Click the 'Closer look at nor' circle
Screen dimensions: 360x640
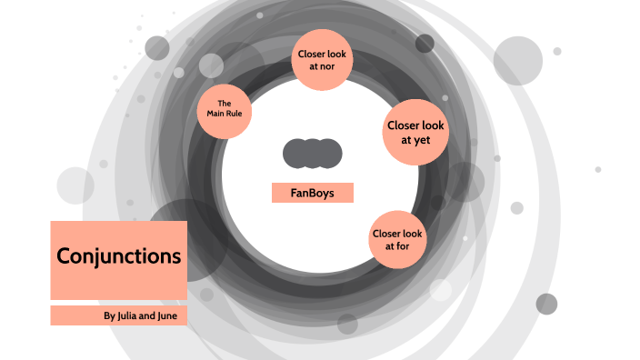click(x=322, y=60)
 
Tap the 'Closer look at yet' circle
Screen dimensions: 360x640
click(x=415, y=132)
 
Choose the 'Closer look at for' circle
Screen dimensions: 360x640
click(x=397, y=240)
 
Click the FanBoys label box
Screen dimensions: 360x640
click(x=312, y=193)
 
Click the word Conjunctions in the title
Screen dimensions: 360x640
click(x=118, y=256)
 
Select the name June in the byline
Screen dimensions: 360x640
click(x=175, y=316)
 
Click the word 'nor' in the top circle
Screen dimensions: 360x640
click(x=329, y=66)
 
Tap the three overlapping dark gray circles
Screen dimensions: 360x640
click(x=312, y=154)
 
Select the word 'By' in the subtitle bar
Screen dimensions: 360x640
click(x=109, y=316)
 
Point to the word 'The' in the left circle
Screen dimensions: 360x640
click(x=224, y=102)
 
